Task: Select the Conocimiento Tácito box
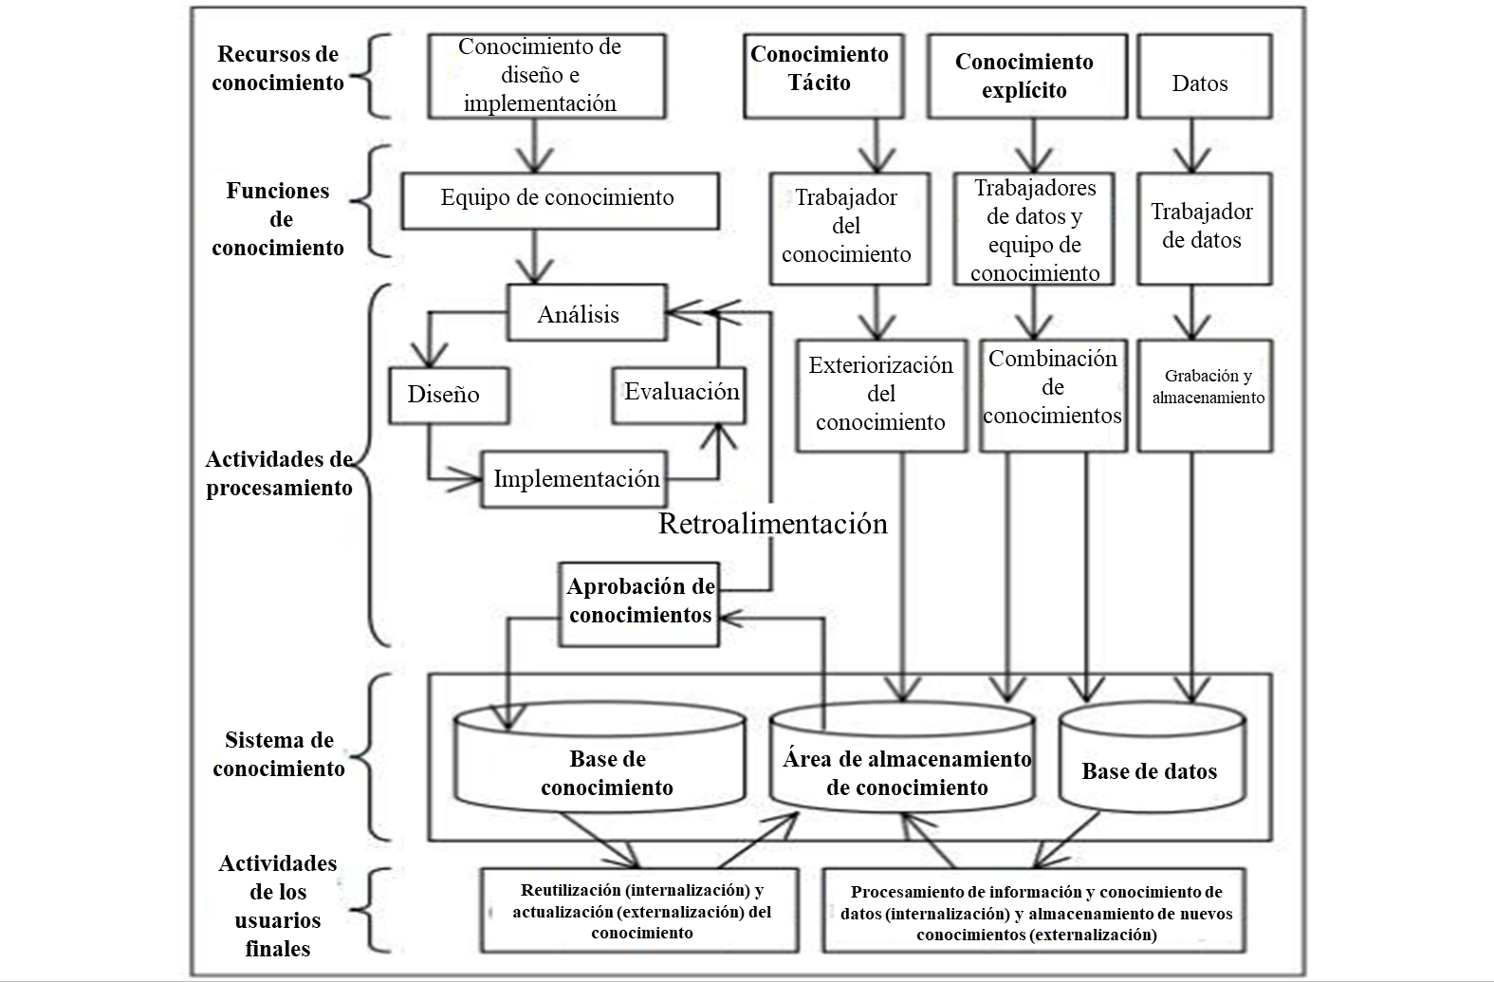tap(820, 77)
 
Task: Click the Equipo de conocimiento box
tap(559, 200)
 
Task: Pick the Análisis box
tap(585, 313)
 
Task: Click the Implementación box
tap(575, 478)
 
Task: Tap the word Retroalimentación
tap(773, 524)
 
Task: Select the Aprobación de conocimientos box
tap(639, 602)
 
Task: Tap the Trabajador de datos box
tap(1204, 229)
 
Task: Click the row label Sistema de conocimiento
tap(279, 754)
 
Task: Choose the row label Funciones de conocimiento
tap(278, 219)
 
